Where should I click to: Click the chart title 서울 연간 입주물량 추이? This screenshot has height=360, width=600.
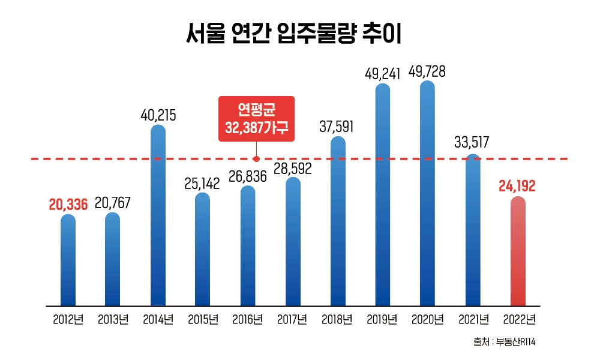pos(293,34)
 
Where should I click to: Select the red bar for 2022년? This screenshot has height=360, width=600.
pos(518,252)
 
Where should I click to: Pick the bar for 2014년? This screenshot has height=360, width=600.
pos(158,216)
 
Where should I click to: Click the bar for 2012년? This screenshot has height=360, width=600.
pos(68,261)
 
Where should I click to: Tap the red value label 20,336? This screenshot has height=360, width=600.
pos(68,204)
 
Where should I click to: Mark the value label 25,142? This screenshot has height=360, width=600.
pos(203,184)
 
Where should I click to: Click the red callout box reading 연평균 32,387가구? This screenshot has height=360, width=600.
pos(256,118)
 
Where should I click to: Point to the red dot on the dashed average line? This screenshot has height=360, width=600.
pos(256,159)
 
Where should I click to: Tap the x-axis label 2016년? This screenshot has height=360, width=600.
pos(247,319)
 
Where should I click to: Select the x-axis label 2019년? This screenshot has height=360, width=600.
pos(382,319)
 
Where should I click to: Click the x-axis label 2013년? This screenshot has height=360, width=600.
pos(113,319)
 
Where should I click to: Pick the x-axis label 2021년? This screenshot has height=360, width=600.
pos(472,319)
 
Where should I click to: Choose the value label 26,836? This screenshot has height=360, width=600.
pos(248,176)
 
